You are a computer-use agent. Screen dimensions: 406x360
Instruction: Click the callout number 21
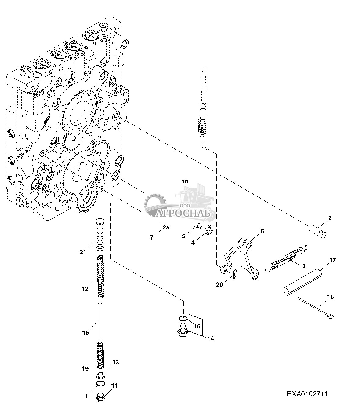coord(83,252)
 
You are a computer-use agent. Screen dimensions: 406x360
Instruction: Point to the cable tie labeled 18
coord(315,308)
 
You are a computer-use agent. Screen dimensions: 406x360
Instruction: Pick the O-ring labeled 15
coord(183,319)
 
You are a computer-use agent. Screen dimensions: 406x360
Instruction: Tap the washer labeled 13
coord(101,375)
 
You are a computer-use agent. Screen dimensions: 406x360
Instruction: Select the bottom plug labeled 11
coord(101,398)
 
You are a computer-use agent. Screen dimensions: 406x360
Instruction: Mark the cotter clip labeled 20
coord(234,274)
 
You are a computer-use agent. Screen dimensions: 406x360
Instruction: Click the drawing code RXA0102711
coord(307,394)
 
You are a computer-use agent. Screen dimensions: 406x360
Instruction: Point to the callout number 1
coord(86,397)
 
